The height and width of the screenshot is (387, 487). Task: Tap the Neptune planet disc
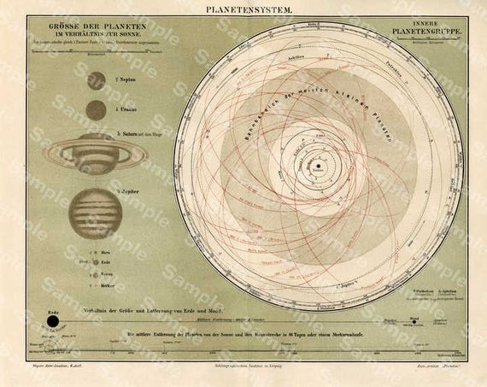97,80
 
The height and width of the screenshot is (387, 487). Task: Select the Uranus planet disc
97,110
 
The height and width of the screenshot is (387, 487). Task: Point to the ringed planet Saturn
97,154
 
